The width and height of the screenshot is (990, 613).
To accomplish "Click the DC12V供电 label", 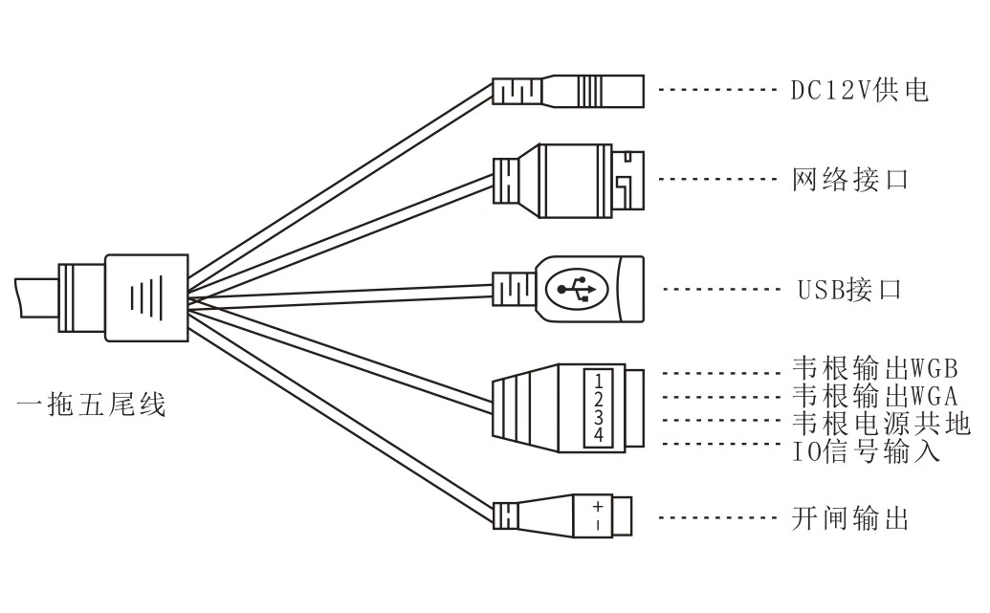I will tap(859, 91).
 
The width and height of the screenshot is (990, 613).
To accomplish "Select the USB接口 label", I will tap(849, 290).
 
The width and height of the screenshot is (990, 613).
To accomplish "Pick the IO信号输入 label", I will tap(867, 449).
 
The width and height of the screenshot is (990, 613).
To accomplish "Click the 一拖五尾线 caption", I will tap(92, 405).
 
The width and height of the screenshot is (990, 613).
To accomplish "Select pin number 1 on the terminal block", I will tap(599, 381).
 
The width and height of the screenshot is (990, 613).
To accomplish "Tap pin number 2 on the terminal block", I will tap(599, 399).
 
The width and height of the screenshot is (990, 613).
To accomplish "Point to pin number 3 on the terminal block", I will tap(599, 417).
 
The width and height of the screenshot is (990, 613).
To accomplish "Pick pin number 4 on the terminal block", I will tap(599, 435).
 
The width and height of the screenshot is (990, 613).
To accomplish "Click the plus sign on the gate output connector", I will tap(598, 507).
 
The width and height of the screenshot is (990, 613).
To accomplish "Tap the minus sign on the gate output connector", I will tap(598, 525).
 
